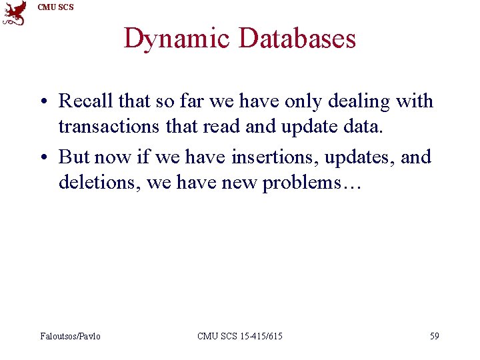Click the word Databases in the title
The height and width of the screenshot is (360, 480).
(x=297, y=39)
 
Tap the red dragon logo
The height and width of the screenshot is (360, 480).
(x=15, y=13)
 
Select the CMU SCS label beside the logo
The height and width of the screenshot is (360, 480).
(x=56, y=7)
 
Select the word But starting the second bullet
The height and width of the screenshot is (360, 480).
(x=74, y=157)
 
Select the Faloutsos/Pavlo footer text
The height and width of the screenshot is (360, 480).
(x=70, y=336)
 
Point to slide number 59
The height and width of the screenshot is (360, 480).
(x=434, y=336)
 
